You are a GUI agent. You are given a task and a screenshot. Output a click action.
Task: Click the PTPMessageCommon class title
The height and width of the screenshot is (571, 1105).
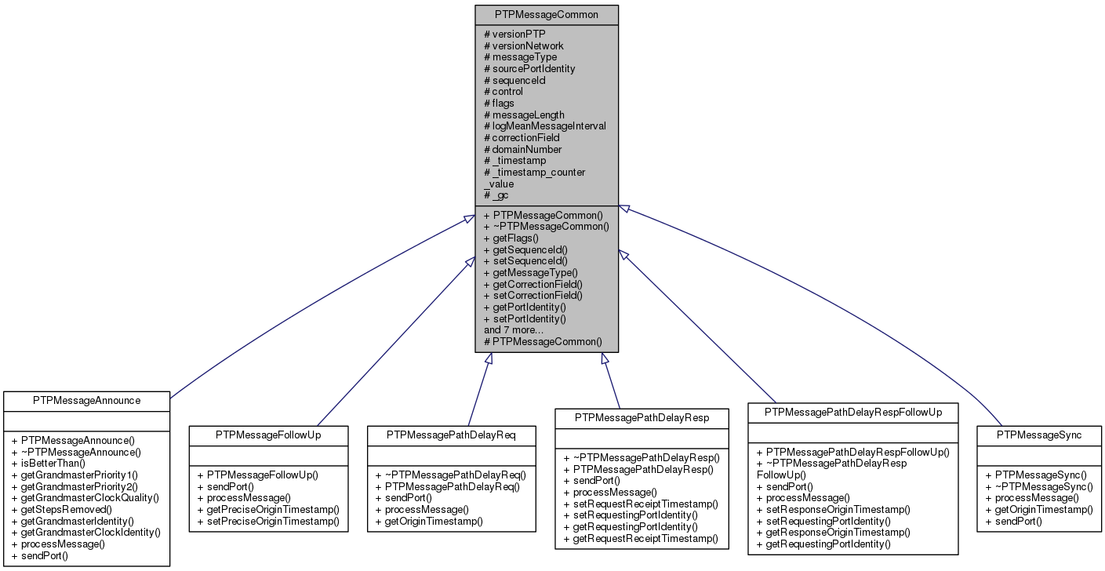coord(547,15)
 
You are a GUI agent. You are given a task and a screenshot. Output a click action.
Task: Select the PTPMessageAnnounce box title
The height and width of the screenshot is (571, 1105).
coord(86,400)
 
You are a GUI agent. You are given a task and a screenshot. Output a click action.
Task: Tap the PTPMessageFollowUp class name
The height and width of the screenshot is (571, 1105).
coord(268,434)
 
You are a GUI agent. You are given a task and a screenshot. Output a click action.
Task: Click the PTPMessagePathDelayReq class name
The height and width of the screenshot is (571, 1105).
coord(451,434)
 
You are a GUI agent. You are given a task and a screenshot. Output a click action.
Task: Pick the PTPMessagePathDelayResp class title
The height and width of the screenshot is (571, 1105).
coord(642,418)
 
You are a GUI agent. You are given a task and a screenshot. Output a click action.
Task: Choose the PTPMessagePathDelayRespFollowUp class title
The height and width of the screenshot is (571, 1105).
coord(852,412)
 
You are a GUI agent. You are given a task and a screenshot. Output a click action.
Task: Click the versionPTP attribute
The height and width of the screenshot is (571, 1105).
coord(518,35)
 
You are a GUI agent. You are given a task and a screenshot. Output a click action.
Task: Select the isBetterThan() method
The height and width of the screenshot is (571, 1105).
coord(53,463)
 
